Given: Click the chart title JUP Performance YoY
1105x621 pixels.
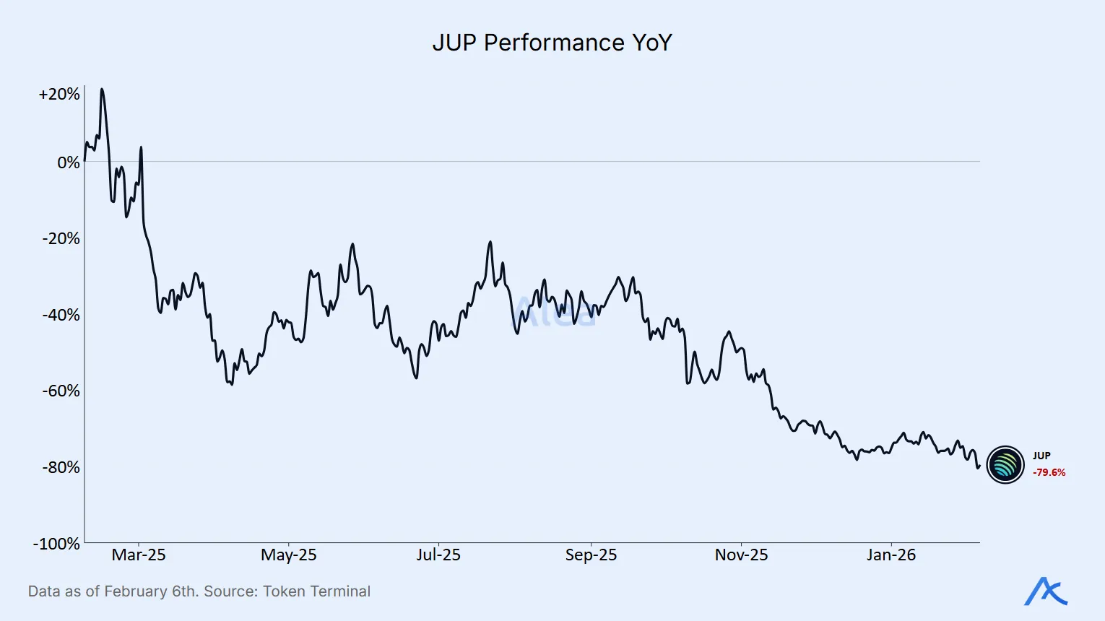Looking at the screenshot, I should (552, 43).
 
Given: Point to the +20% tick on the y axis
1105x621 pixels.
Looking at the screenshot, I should (59, 95).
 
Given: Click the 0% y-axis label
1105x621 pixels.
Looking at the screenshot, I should (69, 162).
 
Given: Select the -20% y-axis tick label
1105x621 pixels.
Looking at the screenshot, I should (61, 238).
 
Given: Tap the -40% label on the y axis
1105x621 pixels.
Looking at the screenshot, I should (61, 315).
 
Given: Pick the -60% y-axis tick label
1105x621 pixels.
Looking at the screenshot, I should (61, 391).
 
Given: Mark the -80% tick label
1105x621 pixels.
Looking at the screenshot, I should (61, 467).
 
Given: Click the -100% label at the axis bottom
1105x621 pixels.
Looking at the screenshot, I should (56, 544).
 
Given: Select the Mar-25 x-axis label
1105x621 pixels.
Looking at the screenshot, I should (139, 555).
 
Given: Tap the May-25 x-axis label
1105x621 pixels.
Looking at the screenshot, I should (288, 555).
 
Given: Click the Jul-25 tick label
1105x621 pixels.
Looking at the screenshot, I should (438, 555).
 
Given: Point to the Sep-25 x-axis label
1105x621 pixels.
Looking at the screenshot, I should (591, 555).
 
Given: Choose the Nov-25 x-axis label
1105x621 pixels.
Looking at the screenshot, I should (741, 555).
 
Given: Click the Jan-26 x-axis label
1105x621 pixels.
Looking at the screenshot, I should (891, 555).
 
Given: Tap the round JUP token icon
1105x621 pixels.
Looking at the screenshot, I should (1005, 464).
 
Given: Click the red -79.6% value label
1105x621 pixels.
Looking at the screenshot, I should (1049, 472).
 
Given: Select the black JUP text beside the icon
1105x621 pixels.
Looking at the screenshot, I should (1041, 456).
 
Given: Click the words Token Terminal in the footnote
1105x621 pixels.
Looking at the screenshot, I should (316, 591).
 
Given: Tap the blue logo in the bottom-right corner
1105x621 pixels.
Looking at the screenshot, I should (1046, 591).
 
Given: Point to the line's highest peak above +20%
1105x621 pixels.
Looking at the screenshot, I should (102, 90).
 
